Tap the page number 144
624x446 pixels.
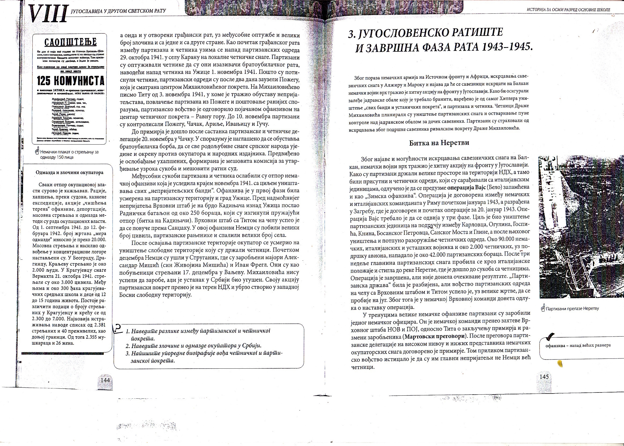coord(105,380)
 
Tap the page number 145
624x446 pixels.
coord(544,376)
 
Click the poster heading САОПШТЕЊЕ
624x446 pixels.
coord(70,43)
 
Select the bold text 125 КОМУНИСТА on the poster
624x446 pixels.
coord(71,81)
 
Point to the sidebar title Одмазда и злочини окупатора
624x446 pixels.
coord(70,172)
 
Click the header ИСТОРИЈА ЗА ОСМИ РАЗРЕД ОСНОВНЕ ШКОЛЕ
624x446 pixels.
coord(568,10)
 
